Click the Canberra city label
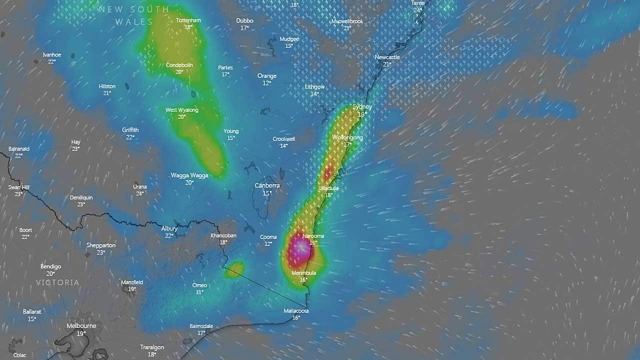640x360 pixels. (x=267, y=185)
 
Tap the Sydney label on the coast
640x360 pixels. (x=362, y=107)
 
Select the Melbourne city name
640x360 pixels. (x=81, y=326)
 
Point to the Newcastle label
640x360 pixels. (x=387, y=57)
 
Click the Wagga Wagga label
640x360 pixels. (x=189, y=175)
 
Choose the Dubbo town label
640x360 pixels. (x=244, y=20)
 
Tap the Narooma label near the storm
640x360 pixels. (x=313, y=236)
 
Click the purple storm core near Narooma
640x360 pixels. (x=300, y=247)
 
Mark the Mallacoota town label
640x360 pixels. (x=296, y=311)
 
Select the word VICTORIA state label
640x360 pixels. (x=57, y=282)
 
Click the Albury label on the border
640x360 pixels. (x=169, y=228)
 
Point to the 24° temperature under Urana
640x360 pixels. (x=140, y=193)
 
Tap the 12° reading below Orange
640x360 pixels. (x=267, y=83)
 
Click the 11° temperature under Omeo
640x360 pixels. (x=199, y=292)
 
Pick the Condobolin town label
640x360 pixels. (x=179, y=65)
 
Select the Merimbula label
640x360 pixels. (x=303, y=273)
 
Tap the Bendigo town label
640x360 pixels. (x=50, y=266)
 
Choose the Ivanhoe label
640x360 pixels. (x=51, y=54)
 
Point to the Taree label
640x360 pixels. (x=417, y=3)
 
